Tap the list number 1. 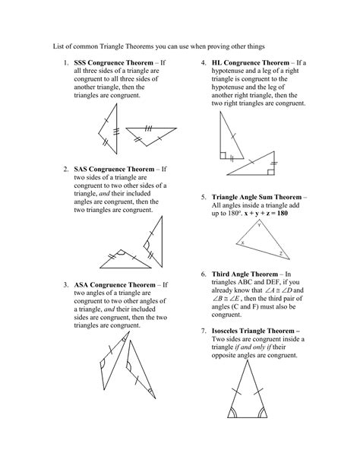point(60,61)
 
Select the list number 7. point(204,331)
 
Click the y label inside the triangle point(257,226)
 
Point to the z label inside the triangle point(279,253)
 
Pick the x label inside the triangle point(242,243)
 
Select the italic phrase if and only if point(264,348)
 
